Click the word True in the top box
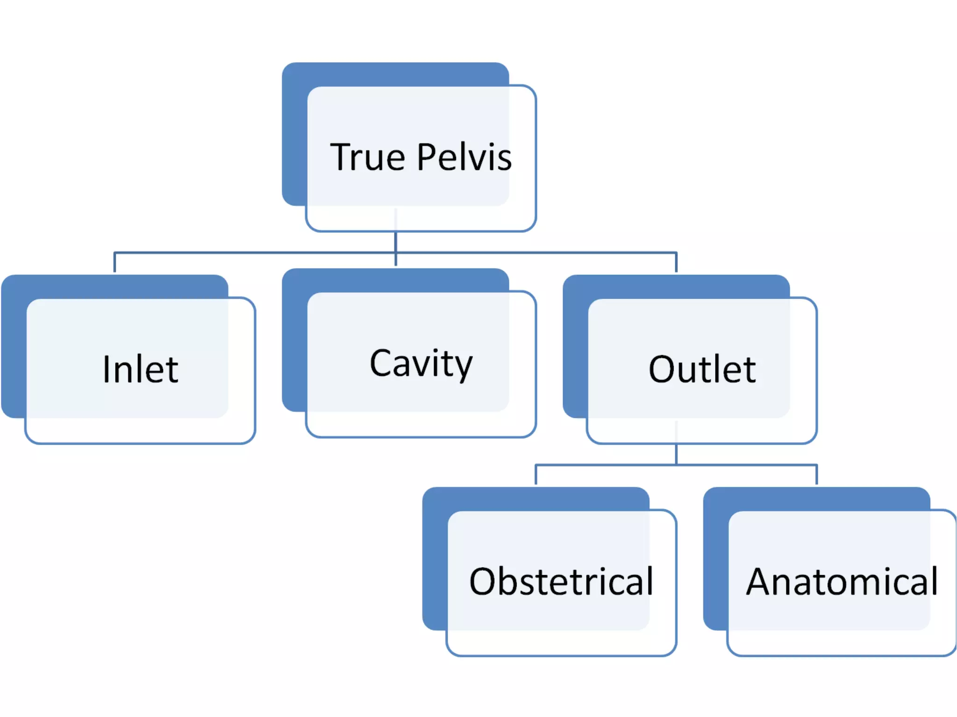[367, 158]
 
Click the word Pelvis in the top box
[464, 158]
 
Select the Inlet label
[140, 370]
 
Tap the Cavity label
[421, 364]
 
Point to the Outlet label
[702, 370]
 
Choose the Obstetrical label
[561, 582]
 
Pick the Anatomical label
[842, 582]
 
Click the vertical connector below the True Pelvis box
[396, 243]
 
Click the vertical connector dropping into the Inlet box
[115, 263]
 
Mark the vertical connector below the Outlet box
[676, 454]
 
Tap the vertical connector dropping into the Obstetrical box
[536, 475]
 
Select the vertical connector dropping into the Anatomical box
[816, 475]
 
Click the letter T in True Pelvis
[341, 158]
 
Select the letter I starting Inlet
[106, 370]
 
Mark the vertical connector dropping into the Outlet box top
[676, 263]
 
